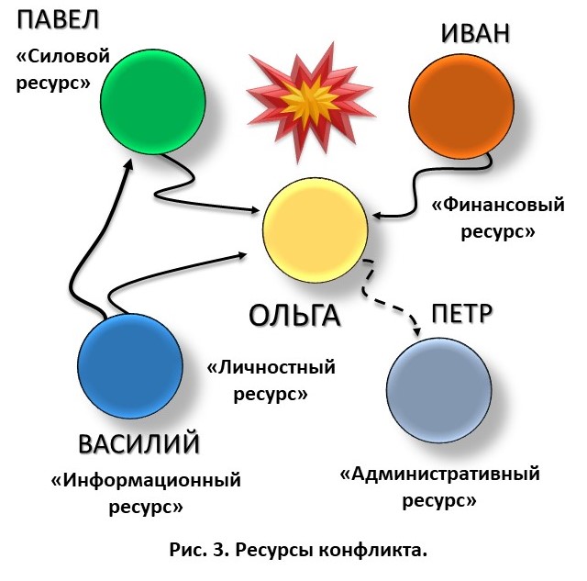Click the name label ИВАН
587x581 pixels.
pyautogui.click(x=474, y=34)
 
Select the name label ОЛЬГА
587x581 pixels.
pyautogui.click(x=294, y=316)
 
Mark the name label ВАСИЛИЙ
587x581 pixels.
pyautogui.click(x=138, y=444)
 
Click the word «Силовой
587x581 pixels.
pyautogui.click(x=63, y=57)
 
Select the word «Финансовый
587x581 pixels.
pyautogui.click(x=498, y=206)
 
